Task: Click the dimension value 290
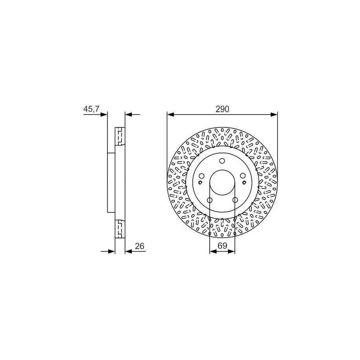222,109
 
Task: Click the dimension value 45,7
91,109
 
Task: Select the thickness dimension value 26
140,246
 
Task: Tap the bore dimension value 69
222,246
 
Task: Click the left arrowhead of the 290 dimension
171,114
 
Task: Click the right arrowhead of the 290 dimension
274,114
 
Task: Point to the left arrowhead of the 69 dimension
213,251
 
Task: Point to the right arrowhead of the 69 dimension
231,251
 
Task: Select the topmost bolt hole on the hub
222,161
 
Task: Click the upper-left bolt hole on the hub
201,176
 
